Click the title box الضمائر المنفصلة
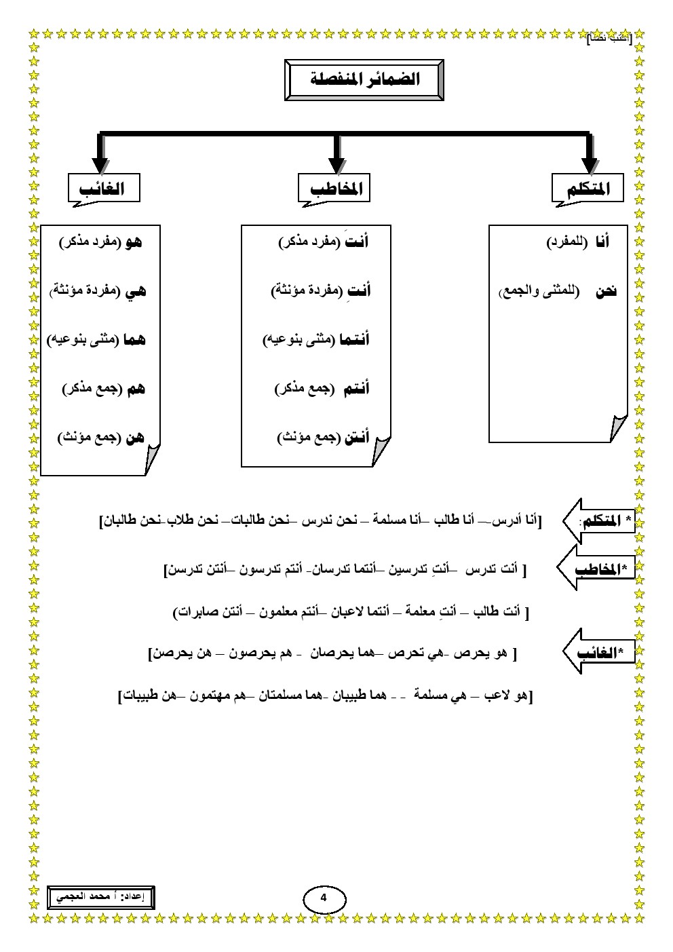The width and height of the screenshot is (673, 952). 364,80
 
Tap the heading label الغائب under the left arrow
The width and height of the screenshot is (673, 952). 104,188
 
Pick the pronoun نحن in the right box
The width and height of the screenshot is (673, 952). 606,292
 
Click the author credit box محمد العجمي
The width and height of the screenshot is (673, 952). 100,896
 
